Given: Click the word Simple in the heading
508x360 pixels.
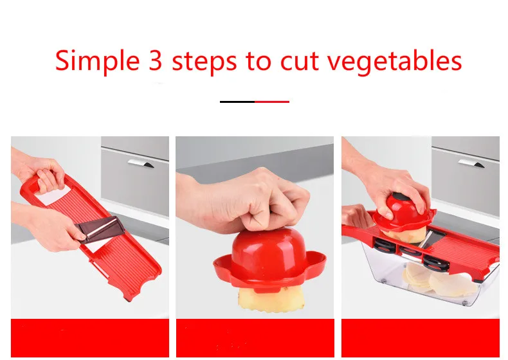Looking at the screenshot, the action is coord(98,61).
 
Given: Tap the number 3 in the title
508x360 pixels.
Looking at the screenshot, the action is coord(155,60).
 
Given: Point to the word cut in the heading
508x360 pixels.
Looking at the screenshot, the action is coord(300,62).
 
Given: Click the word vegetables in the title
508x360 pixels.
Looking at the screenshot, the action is coord(394,62).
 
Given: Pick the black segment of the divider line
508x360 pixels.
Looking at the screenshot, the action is coord(237,102).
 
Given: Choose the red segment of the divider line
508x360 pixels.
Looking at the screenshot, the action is coord(272,102).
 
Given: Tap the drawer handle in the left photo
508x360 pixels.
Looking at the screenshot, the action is coord(141,163).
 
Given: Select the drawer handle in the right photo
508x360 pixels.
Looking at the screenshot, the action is coord(471,163).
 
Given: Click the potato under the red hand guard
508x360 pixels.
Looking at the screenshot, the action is coord(271,300).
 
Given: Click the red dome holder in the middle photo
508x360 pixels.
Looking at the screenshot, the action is coord(269,258).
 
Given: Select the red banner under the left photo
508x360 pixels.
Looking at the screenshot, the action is coord(90,338).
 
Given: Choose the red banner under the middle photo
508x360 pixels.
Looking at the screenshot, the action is coord(255,338).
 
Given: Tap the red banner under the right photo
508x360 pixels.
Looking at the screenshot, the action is coord(421,338).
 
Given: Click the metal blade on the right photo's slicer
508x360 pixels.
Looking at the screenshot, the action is coord(431,237).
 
